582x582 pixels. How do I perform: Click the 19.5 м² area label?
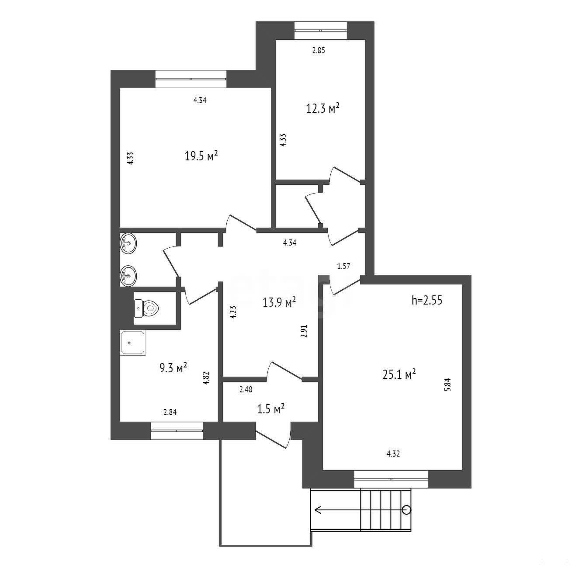tap(201, 156)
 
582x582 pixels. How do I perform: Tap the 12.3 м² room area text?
tap(323, 108)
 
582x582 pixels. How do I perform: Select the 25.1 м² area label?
tap(399, 374)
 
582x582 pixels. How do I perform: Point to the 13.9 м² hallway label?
tap(279, 302)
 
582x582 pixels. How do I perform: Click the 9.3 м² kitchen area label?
tap(173, 367)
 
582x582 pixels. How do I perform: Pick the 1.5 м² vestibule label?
tap(270, 409)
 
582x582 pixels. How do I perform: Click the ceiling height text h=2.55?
tap(427, 300)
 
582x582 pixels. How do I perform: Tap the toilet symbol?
tap(146, 308)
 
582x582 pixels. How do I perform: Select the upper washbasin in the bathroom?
tap(128, 243)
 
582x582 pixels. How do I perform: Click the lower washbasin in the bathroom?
tap(128, 275)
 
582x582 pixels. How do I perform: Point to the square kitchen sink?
tap(133, 343)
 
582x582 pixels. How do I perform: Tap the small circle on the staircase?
tap(407, 510)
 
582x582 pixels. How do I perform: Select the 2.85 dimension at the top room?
tap(319, 51)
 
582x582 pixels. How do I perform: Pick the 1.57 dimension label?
tap(344, 266)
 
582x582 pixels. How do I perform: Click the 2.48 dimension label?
tap(246, 390)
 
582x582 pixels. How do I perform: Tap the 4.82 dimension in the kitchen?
tap(206, 378)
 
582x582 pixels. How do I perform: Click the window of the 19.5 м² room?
tap(191, 79)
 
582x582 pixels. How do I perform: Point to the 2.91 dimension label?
tap(304, 331)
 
